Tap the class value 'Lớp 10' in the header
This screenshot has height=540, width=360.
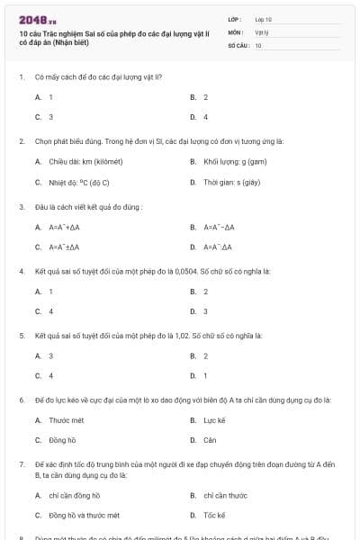click(x=264, y=18)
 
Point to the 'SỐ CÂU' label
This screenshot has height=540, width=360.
click(x=238, y=44)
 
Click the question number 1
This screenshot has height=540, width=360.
click(x=21, y=77)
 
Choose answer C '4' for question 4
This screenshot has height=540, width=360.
click(x=50, y=311)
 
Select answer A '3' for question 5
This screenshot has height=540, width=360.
click(x=50, y=355)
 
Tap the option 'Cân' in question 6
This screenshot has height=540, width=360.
click(x=210, y=440)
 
